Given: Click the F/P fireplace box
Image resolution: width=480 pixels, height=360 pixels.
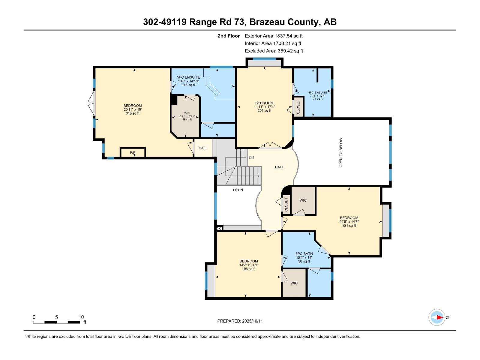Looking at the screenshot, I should coord(133,152).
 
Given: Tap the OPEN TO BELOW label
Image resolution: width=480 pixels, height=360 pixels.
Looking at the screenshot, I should coord(341,152).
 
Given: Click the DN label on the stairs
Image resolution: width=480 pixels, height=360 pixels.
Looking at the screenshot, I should coord(251,157).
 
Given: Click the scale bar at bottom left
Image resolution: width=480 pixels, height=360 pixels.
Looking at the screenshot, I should coord(56,322).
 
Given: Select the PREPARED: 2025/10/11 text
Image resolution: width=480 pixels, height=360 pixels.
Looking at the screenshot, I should coord(240,321).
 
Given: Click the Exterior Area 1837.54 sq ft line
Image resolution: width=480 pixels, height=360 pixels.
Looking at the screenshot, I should coord(274,36).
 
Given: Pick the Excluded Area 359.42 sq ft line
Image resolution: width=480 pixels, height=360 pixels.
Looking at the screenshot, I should coord(274,51).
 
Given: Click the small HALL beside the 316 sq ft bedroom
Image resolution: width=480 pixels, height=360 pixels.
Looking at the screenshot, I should coord(203,148).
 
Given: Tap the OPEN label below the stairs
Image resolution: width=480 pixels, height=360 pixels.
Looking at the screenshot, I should coord(238,190).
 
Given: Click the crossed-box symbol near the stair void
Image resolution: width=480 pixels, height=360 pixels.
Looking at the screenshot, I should coord(219,228).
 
